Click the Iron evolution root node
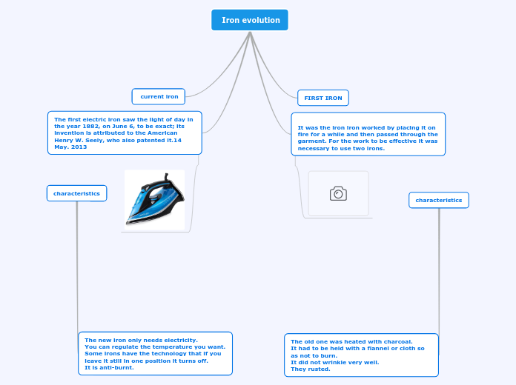pyautogui.click(x=250, y=20)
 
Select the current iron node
pyautogui.click(x=159, y=97)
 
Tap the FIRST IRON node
pyautogui.click(x=323, y=98)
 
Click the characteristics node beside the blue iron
pyautogui.click(x=76, y=193)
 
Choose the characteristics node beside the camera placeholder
pyautogui.click(x=439, y=200)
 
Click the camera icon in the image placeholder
pyautogui.click(x=338, y=193)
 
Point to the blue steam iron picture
pyautogui.click(x=155, y=200)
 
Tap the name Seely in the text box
pyautogui.click(x=94, y=140)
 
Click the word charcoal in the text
pyautogui.click(x=398, y=341)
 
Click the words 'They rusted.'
pyautogui.click(x=311, y=369)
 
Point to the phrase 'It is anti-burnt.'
pyautogui.click(x=109, y=367)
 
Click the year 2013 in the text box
pyautogui.click(x=79, y=147)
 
